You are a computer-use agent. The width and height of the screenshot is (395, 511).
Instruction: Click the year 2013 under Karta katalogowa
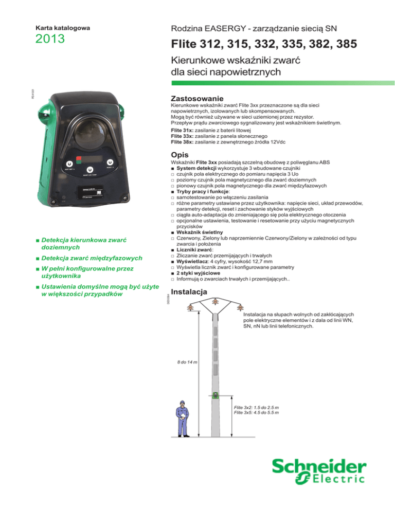(x=50, y=39)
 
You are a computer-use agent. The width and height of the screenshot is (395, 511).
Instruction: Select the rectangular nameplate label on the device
(x=90, y=192)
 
